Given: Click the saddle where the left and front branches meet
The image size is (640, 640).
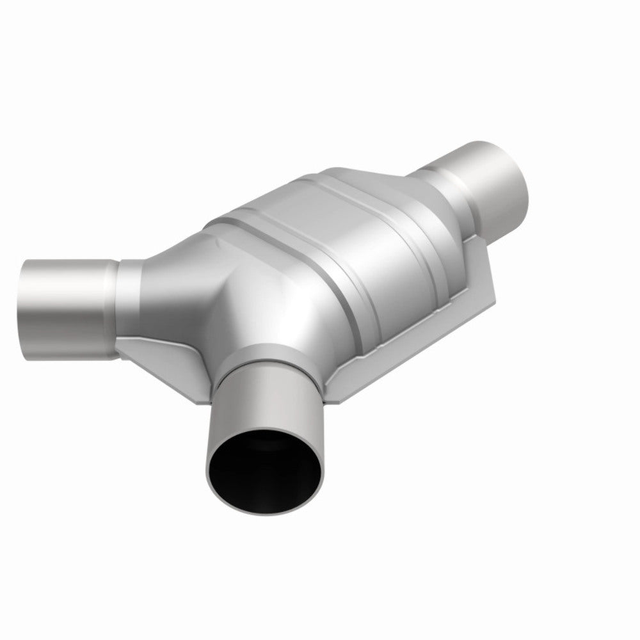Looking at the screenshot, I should [211, 320].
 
